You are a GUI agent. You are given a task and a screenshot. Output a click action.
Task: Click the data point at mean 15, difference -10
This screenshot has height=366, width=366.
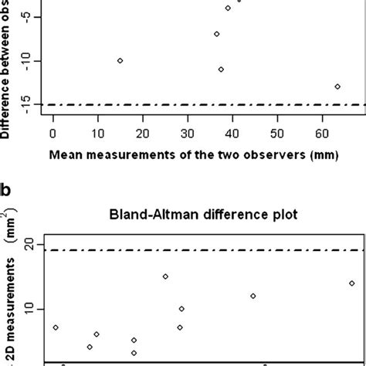[120, 60]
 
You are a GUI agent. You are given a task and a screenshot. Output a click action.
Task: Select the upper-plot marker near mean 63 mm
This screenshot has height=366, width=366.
[337, 86]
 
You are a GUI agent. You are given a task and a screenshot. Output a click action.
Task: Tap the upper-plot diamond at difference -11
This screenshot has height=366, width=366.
[221, 69]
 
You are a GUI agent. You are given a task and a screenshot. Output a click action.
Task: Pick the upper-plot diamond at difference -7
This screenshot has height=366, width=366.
[217, 34]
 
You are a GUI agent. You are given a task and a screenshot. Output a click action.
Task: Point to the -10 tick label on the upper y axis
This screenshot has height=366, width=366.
[27, 61]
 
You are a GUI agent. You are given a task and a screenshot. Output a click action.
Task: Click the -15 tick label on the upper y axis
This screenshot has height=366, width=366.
[27, 104]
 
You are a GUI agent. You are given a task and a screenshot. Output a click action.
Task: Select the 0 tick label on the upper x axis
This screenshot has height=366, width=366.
[53, 131]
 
